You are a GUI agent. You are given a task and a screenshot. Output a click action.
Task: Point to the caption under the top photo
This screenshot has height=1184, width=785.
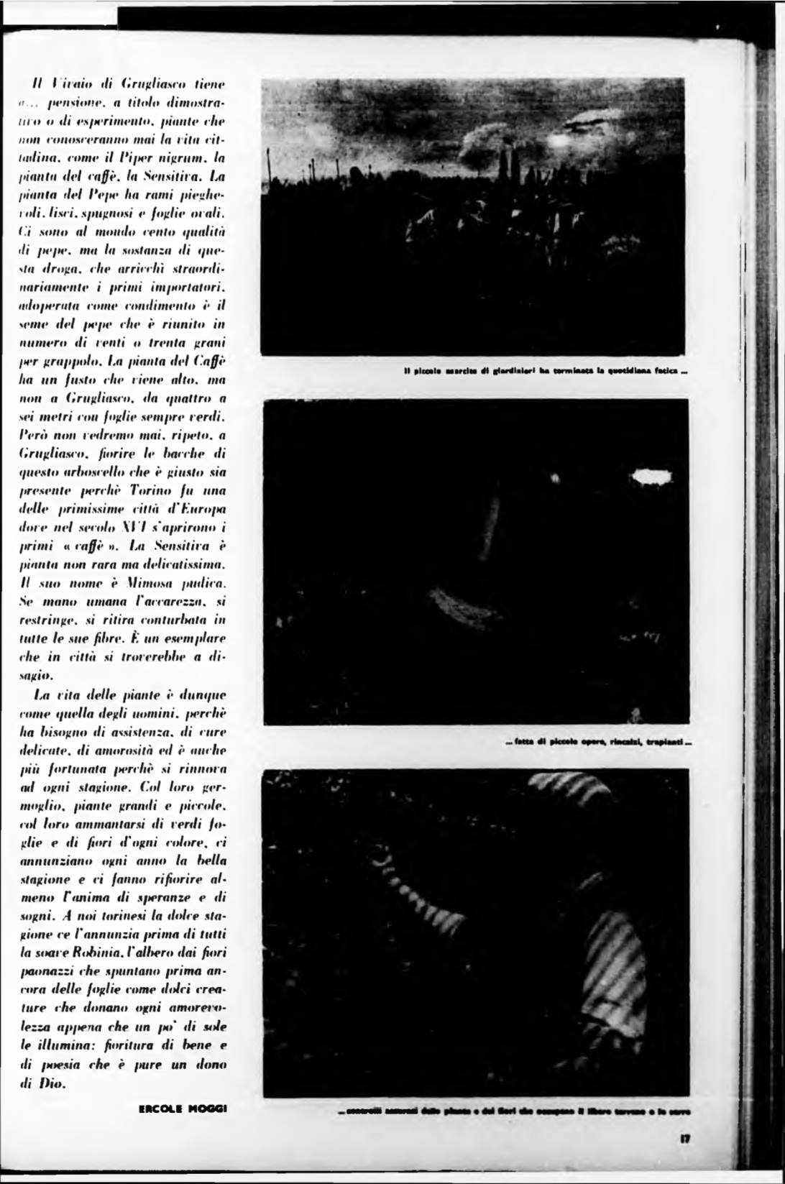[x=546, y=372]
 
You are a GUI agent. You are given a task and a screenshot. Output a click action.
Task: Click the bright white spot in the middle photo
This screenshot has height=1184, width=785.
[x=651, y=477]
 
